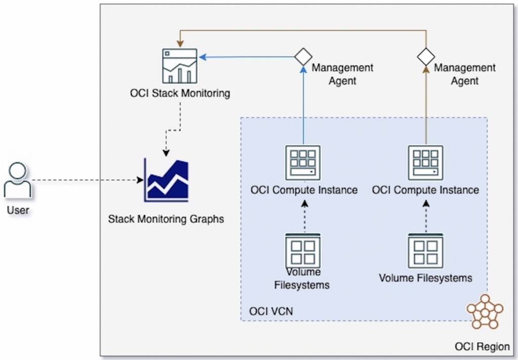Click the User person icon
pos(18,180)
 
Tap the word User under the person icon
pos(18,210)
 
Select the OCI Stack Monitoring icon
pos(180,66)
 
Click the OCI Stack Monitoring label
pos(180,93)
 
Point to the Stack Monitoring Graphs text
pos(166,219)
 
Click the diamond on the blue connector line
pos(303,57)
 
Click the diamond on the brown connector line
pos(426,57)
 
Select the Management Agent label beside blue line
pos(342,74)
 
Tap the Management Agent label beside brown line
pos(465,74)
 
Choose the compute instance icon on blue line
pos(303,163)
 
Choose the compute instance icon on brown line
pos(426,163)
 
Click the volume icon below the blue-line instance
pos(303,250)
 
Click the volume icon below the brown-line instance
pos(426,251)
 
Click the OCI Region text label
pos(482,347)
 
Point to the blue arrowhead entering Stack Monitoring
pos(202,57)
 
